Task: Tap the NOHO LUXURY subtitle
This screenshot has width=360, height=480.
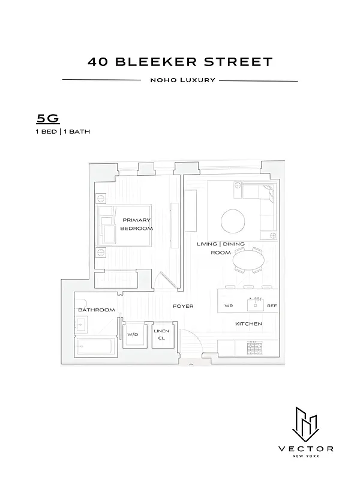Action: point(180,80)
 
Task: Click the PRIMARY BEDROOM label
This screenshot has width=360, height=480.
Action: point(136,224)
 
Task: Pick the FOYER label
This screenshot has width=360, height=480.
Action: point(183,306)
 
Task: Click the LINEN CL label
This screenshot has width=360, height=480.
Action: point(161,335)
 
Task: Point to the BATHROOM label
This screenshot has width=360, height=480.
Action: point(96,310)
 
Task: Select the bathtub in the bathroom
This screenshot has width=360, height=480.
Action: point(95,347)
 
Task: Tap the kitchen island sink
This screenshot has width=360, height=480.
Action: point(255,305)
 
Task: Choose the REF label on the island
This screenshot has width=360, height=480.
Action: point(272,305)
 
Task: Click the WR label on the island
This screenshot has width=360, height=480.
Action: point(229,305)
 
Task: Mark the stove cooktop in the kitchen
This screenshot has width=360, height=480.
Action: point(254,347)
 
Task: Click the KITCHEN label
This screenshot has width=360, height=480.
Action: point(248,324)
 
